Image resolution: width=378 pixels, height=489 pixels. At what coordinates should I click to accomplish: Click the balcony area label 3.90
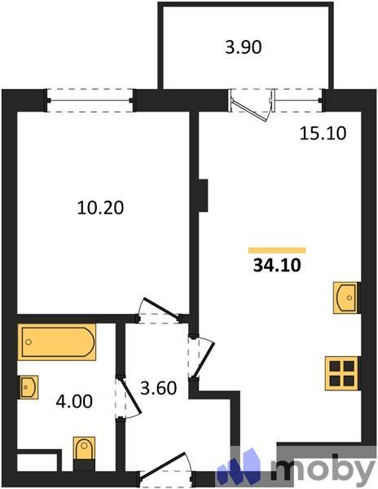[x=243, y=47]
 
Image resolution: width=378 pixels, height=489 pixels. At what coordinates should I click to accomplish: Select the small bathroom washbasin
[x=29, y=387]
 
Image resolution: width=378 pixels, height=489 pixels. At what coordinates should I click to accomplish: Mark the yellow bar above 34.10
[x=277, y=250]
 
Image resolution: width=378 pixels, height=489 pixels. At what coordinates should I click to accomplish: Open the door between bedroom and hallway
[x=159, y=312]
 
